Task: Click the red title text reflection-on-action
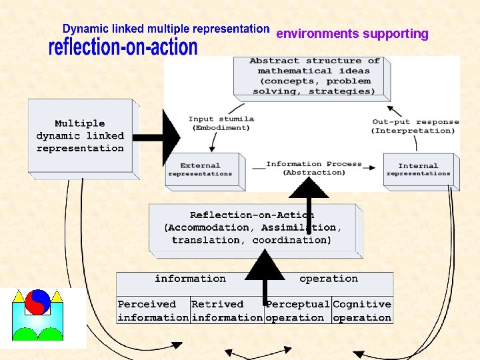click(123, 47)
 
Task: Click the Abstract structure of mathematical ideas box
click(311, 76)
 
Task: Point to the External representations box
click(201, 169)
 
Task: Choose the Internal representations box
click(418, 169)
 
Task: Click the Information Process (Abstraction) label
click(313, 168)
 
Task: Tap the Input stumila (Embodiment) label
click(221, 123)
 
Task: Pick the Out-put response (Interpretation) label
click(415, 126)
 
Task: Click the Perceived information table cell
click(153, 311)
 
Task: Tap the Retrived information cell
click(227, 311)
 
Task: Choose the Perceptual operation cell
click(297, 311)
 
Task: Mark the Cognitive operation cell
click(362, 311)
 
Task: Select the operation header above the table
click(328, 279)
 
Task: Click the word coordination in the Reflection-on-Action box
click(291, 240)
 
